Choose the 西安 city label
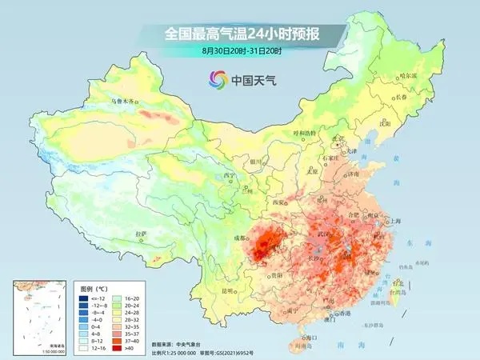(278, 203)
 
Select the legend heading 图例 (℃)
(96, 286)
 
